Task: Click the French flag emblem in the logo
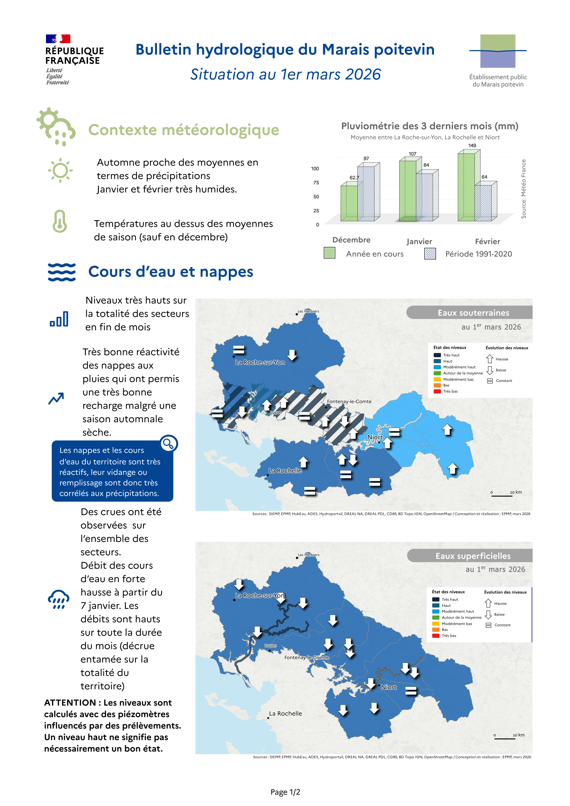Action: coord(58,39)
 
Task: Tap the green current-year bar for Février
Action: coord(466,186)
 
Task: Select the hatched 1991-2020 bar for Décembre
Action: coord(366,193)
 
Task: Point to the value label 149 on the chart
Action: coord(472,146)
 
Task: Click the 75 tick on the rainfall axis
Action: coord(316,183)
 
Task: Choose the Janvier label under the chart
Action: coord(419,241)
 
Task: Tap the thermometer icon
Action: coord(60,221)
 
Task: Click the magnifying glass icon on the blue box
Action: coord(168,444)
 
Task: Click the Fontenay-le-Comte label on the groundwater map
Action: coord(349,402)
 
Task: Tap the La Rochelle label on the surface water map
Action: coord(285,714)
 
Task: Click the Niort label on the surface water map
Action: coord(389,687)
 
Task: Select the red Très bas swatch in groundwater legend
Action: coord(437,391)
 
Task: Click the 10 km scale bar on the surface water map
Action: coord(505,738)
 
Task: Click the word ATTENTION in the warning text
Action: coord(70,702)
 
